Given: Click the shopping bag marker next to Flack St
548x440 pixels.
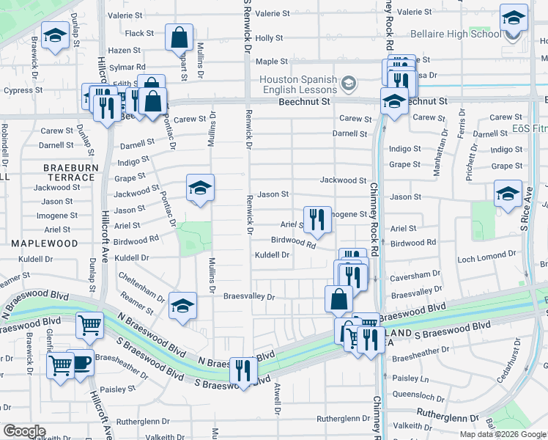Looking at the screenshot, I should tap(179, 37).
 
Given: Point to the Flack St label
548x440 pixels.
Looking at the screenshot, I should tap(139, 34).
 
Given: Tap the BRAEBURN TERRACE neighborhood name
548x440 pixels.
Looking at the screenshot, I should tap(70, 173).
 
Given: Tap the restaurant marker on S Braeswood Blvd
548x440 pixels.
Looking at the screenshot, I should tap(243, 370).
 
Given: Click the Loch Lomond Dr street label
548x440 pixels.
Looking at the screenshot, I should tap(486, 255).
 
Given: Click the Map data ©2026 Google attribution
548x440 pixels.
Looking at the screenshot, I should tap(502, 434).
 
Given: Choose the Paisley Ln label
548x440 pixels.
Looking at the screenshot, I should tap(410, 378).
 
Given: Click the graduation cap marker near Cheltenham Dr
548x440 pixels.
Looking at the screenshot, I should tap(182, 306).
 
